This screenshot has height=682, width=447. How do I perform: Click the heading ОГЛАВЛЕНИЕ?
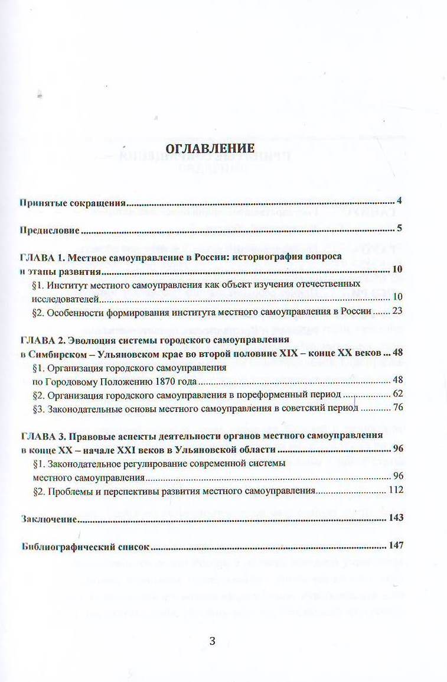point(210,148)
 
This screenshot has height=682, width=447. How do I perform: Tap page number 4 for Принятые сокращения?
point(399,201)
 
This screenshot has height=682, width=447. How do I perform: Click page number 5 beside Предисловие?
point(399,228)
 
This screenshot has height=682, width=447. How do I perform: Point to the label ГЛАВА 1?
point(40,258)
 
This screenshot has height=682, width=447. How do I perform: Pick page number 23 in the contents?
point(396,311)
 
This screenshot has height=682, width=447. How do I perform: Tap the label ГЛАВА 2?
point(40,340)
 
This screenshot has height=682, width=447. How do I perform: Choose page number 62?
point(397,394)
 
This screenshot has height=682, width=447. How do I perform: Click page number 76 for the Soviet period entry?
point(397,408)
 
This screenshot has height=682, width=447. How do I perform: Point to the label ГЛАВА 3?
point(40,436)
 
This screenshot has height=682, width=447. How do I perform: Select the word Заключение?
point(48,519)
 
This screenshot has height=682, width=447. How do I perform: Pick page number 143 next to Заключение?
point(396,518)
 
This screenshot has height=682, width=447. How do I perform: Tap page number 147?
point(396,545)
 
